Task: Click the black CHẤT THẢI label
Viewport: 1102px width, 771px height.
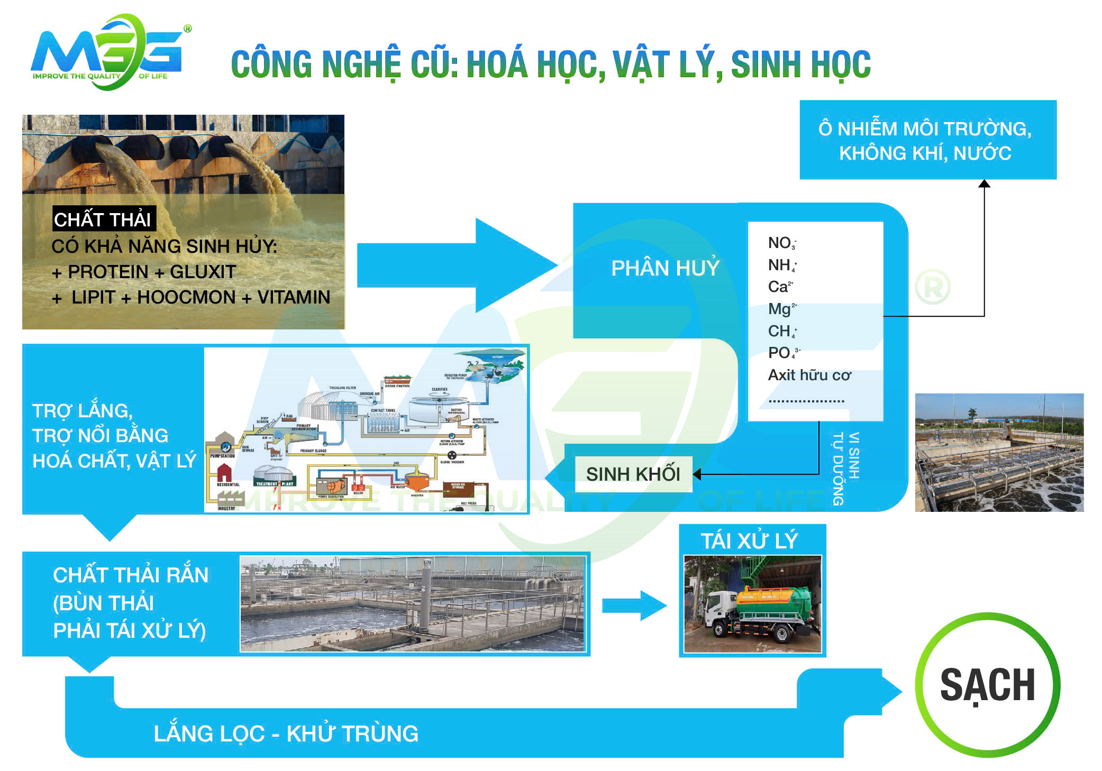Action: (x=103, y=219)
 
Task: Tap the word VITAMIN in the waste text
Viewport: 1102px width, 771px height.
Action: (x=294, y=297)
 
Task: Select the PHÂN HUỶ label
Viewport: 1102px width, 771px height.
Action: (x=664, y=268)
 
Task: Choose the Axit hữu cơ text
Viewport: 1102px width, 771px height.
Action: (x=809, y=375)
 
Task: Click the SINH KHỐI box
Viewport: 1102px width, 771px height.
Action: (x=633, y=474)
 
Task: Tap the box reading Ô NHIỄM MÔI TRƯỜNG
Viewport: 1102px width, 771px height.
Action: (x=927, y=140)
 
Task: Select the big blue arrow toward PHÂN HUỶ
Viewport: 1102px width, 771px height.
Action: (x=455, y=265)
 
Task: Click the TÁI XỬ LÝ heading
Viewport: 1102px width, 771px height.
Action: (x=749, y=540)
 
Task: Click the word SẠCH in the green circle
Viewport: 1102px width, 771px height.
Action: (x=987, y=685)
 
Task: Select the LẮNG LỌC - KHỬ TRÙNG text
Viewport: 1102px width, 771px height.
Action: (x=286, y=733)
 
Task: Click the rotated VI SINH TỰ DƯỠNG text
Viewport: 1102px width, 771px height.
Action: (x=845, y=467)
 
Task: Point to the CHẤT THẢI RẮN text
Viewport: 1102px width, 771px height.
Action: (x=130, y=575)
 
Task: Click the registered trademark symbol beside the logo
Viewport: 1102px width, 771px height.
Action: (x=187, y=29)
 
